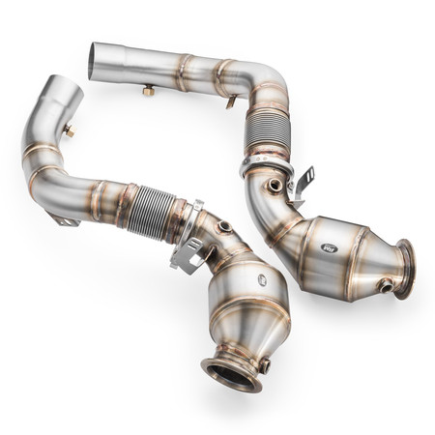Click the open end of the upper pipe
(92, 60)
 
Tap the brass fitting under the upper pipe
(149, 91)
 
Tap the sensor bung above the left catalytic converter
(225, 227)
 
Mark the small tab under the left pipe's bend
(67, 221)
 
